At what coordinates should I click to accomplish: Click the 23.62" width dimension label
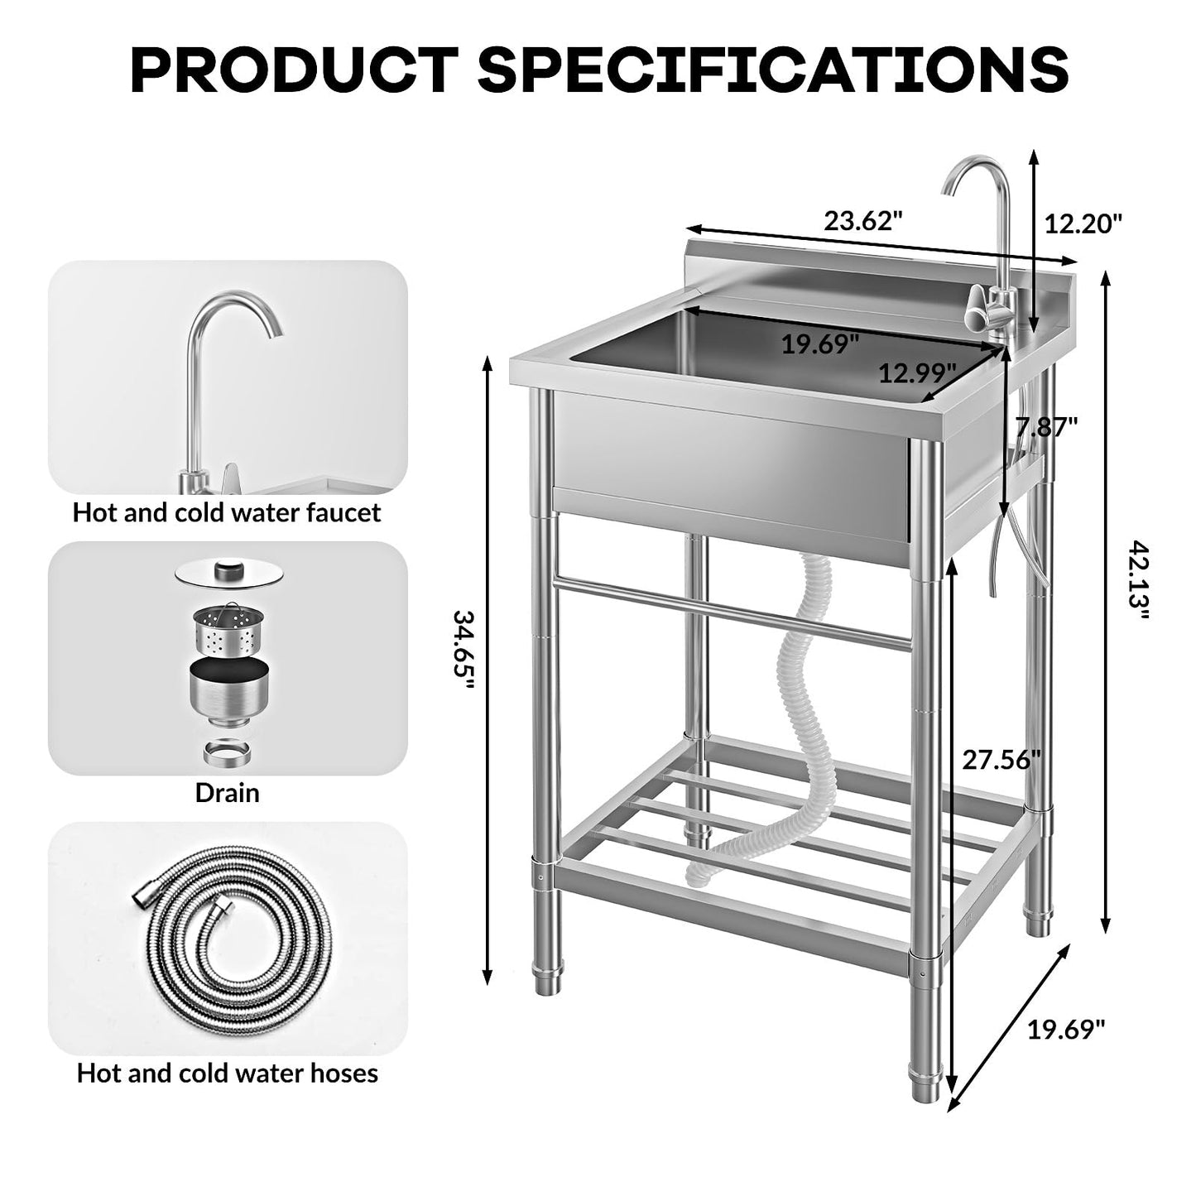(x=862, y=222)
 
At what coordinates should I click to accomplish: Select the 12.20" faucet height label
(x=1083, y=223)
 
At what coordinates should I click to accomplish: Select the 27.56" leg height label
(x=1001, y=759)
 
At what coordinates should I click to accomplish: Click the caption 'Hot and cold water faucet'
(x=227, y=512)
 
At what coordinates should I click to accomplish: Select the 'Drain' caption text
(x=227, y=793)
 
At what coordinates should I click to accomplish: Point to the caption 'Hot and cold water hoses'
(x=227, y=1074)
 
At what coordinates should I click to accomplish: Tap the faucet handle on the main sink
(x=981, y=313)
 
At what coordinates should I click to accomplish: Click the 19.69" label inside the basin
(x=820, y=343)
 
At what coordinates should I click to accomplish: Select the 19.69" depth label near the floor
(x=1066, y=1030)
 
